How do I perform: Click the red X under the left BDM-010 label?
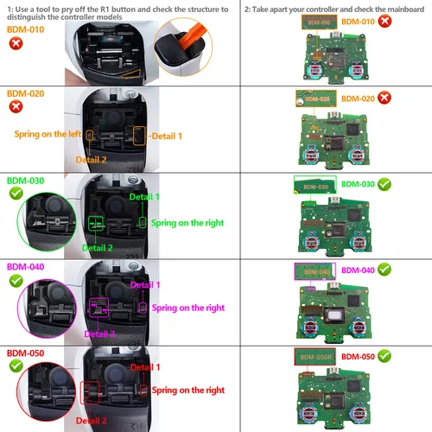coord(15,43)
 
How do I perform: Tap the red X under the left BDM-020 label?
coord(15,106)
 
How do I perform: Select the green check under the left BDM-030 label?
coord(15,195)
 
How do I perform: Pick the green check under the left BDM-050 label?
coord(15,366)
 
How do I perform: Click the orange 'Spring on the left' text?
coord(45,134)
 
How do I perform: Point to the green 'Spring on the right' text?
coord(188,223)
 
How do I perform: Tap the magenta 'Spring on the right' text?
coord(188,308)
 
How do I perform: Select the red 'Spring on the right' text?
coord(188,391)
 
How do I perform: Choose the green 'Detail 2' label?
coord(98,248)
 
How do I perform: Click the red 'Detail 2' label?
coord(92,420)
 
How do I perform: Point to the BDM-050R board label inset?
coord(310,355)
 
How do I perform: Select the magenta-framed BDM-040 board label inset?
coord(314,271)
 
